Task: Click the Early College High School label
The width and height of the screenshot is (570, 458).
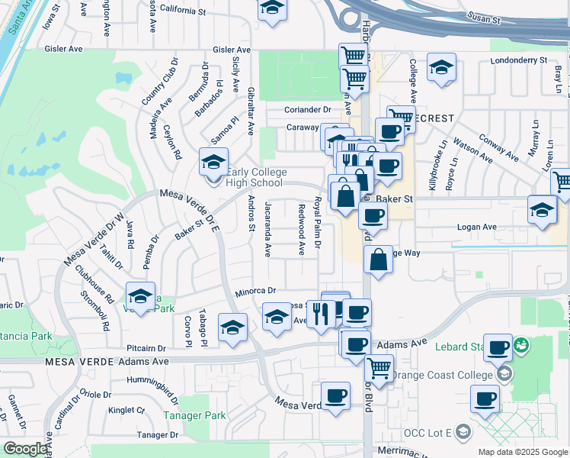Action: pyautogui.click(x=255, y=177)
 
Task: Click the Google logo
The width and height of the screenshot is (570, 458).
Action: pyautogui.click(x=24, y=449)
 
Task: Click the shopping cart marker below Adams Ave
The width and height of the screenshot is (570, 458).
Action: pyautogui.click(x=379, y=368)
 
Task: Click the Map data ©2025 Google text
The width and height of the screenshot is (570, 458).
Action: pyautogui.click(x=522, y=452)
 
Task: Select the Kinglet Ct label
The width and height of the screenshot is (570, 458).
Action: pyautogui.click(x=126, y=410)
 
